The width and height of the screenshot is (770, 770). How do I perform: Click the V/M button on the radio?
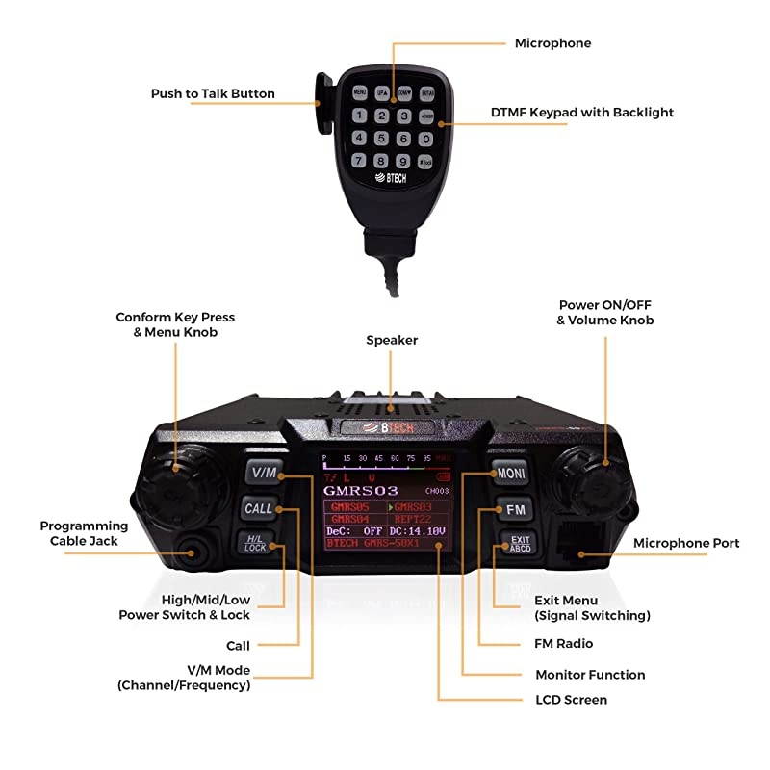[262, 473]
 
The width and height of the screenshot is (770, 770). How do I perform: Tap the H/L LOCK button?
[255, 544]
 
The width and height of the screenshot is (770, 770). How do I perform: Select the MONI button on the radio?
[509, 474]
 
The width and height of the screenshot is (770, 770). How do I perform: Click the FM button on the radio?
[514, 509]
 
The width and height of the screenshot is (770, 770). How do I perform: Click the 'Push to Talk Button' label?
[213, 94]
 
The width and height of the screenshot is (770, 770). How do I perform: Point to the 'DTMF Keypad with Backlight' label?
[582, 113]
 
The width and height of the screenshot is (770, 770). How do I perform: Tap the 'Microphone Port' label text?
[686, 544]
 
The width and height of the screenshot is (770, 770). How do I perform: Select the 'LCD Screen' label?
[571, 700]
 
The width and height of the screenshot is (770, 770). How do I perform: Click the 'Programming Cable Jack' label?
[84, 533]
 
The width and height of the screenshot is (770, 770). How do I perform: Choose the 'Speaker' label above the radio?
[391, 340]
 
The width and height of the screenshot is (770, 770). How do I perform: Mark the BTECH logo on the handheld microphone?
[387, 179]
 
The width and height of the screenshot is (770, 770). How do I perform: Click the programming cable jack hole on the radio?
[199, 554]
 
